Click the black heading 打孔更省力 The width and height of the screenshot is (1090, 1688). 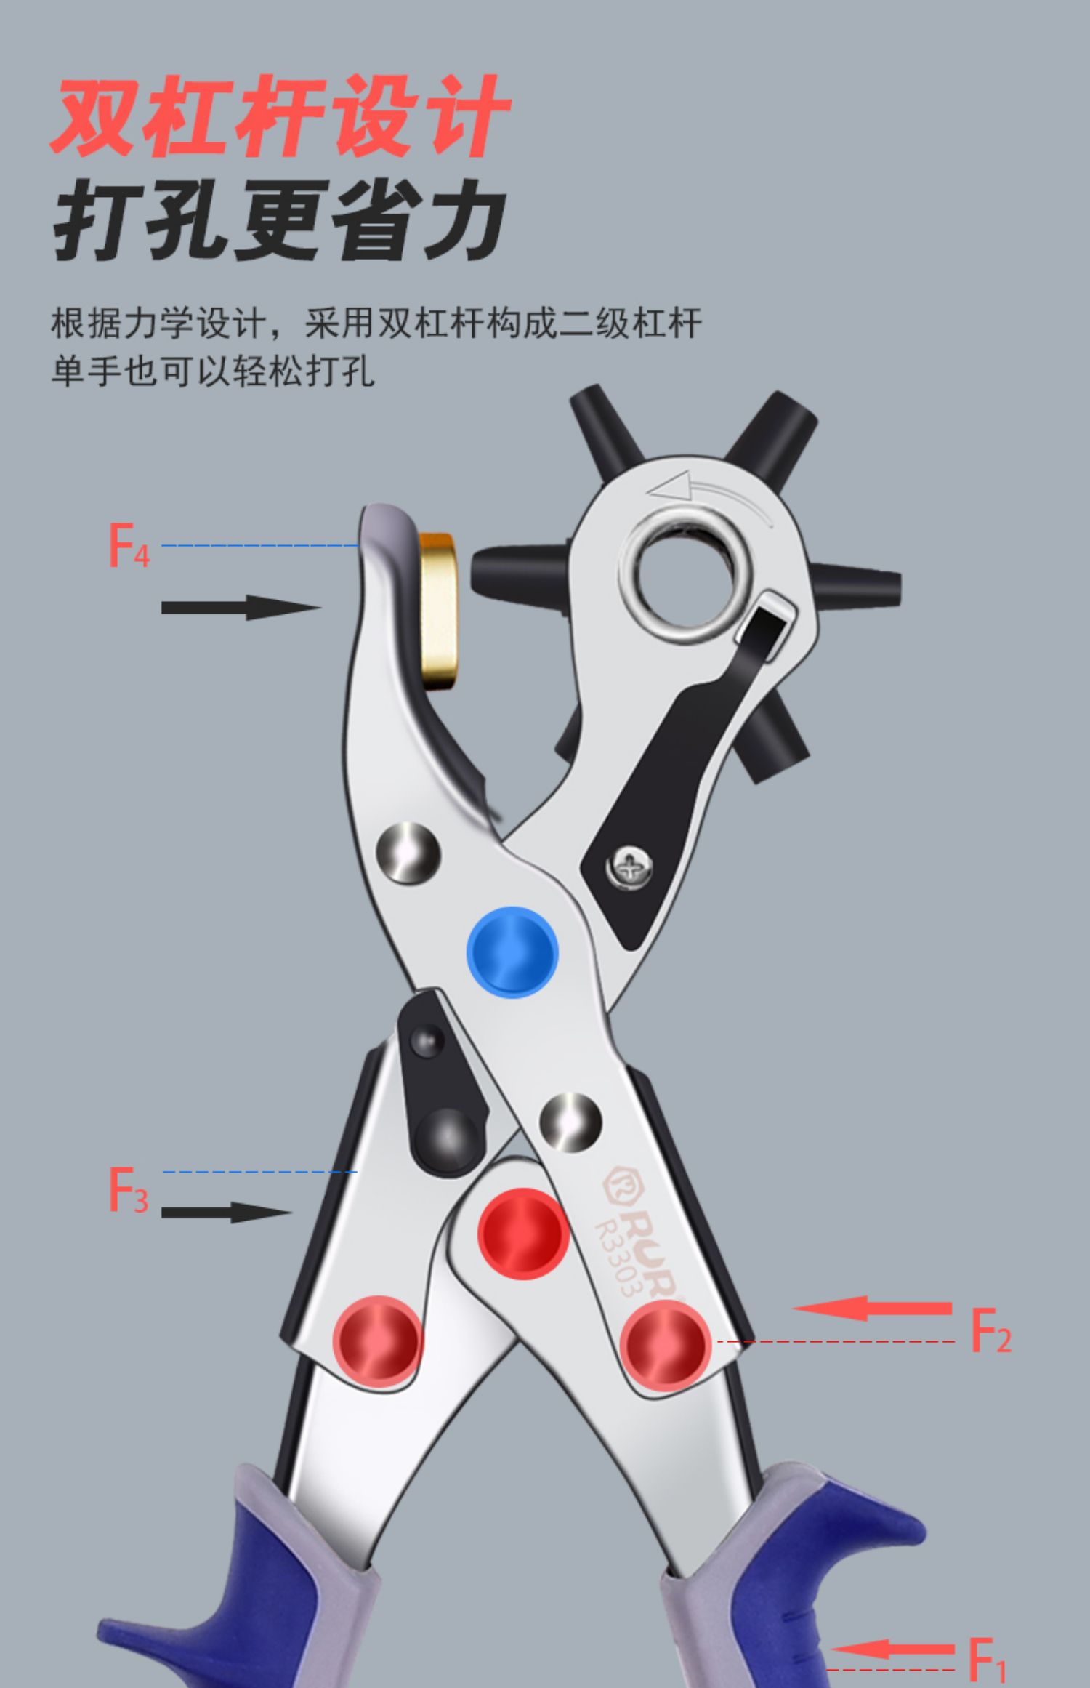click(x=280, y=220)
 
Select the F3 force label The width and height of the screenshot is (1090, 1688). click(x=128, y=1189)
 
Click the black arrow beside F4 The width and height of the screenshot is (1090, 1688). click(x=240, y=607)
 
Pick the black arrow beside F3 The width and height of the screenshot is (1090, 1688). click(x=225, y=1212)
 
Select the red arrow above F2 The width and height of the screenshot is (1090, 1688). click(x=872, y=1308)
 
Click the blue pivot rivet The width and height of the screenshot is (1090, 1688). click(x=512, y=952)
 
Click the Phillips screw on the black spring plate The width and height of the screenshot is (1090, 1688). click(x=629, y=867)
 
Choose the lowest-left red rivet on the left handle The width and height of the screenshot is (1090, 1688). click(x=377, y=1340)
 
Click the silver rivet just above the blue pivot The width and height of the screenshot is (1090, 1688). click(x=408, y=853)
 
